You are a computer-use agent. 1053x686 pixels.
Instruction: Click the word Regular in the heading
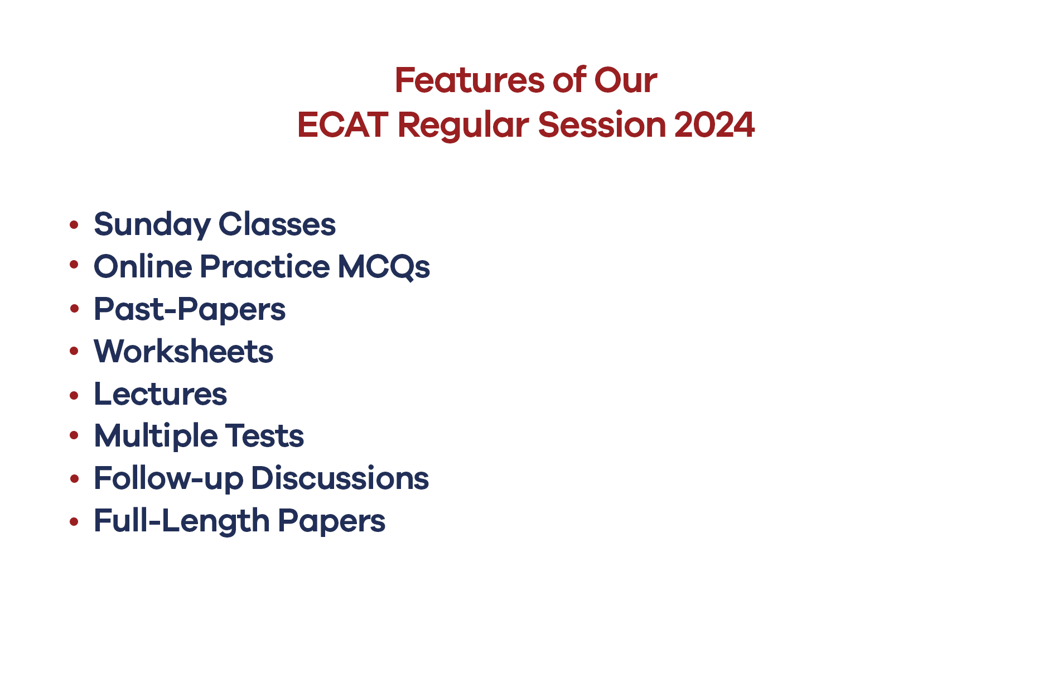(x=463, y=126)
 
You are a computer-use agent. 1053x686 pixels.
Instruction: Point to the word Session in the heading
(x=602, y=124)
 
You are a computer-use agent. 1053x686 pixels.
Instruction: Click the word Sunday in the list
(x=152, y=225)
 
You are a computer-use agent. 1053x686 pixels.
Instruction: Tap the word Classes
(x=277, y=224)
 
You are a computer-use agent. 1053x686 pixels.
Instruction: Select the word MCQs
(x=384, y=267)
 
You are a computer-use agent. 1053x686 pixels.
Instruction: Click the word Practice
(x=265, y=266)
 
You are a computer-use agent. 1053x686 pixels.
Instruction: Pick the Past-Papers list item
(x=190, y=309)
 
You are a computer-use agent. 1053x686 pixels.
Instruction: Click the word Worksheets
(x=183, y=352)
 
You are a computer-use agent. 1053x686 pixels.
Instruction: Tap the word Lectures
(x=161, y=394)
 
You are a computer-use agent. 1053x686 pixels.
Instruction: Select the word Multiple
(x=156, y=436)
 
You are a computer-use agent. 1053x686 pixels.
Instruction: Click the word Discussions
(x=340, y=478)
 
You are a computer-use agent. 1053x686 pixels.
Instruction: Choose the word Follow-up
(x=168, y=479)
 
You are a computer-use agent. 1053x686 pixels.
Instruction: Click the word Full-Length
(x=182, y=521)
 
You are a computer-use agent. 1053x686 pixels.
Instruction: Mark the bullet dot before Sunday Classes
(x=74, y=225)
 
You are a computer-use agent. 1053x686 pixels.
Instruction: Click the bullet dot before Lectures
(x=74, y=395)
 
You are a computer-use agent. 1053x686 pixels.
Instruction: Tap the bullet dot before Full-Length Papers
(x=74, y=522)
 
